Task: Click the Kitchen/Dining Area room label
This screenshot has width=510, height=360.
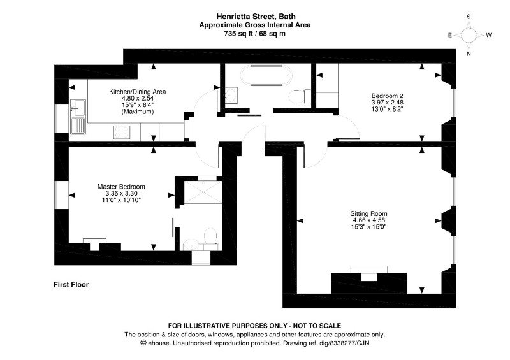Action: (137, 92)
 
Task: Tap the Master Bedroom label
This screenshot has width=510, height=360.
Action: (121, 187)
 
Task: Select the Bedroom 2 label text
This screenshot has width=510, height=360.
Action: (387, 96)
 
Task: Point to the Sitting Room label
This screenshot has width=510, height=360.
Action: (368, 213)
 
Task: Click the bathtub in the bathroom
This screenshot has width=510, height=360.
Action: (266, 76)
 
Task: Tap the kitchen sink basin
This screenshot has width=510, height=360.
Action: (78, 108)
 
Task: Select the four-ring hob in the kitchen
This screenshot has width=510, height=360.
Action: (122, 132)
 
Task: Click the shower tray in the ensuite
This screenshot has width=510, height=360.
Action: (203, 192)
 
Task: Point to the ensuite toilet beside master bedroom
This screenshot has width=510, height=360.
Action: (210, 236)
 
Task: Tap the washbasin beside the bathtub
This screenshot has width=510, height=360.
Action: (231, 95)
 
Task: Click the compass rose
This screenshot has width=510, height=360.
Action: (469, 35)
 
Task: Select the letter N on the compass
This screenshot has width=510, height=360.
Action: (469, 54)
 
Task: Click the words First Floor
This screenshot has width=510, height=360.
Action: (71, 285)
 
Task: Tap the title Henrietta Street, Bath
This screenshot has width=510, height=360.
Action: (256, 17)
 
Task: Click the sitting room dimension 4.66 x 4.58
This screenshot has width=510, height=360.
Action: (368, 220)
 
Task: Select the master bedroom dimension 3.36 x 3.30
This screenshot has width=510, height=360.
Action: (121, 194)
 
